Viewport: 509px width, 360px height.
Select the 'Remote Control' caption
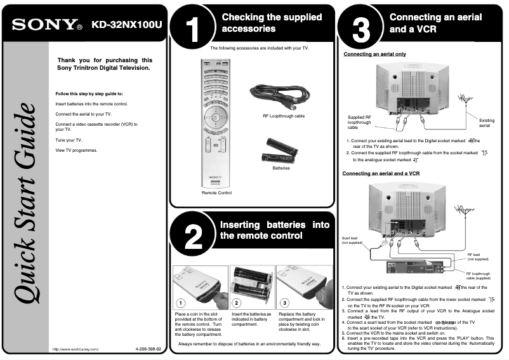coord(216,192)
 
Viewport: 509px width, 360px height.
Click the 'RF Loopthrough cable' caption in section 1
coord(283,116)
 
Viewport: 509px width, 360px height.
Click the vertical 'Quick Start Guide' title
coord(26,203)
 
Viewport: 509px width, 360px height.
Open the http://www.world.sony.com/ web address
coord(76,349)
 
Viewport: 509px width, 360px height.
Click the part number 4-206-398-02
coord(149,349)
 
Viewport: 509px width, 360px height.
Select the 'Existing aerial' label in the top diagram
coord(486,123)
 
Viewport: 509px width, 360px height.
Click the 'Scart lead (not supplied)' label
coord(353,240)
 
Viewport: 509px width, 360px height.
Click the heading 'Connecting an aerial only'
coord(374,55)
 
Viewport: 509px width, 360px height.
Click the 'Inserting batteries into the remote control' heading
coord(274,230)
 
